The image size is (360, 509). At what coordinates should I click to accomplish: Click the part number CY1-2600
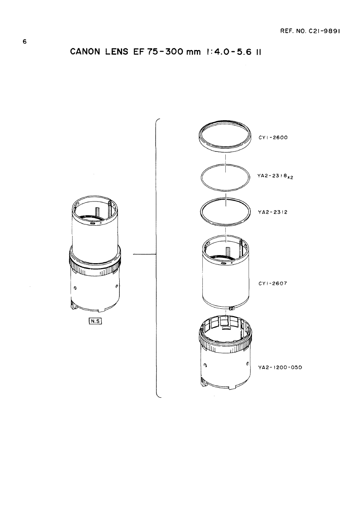pos(273,137)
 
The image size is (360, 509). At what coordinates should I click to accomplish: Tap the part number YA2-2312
pos(273,212)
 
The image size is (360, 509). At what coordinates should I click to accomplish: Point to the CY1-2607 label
pos(273,283)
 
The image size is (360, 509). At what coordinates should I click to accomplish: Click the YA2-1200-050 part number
pos(280,368)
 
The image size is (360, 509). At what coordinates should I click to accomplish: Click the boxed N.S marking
pos(96,321)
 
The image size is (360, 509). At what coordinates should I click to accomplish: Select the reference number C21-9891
pos(324,31)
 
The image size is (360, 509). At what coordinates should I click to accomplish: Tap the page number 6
pos(25,42)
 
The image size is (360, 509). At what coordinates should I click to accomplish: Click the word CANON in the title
pos(85,52)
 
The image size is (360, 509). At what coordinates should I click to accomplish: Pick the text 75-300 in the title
pos(164,52)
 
